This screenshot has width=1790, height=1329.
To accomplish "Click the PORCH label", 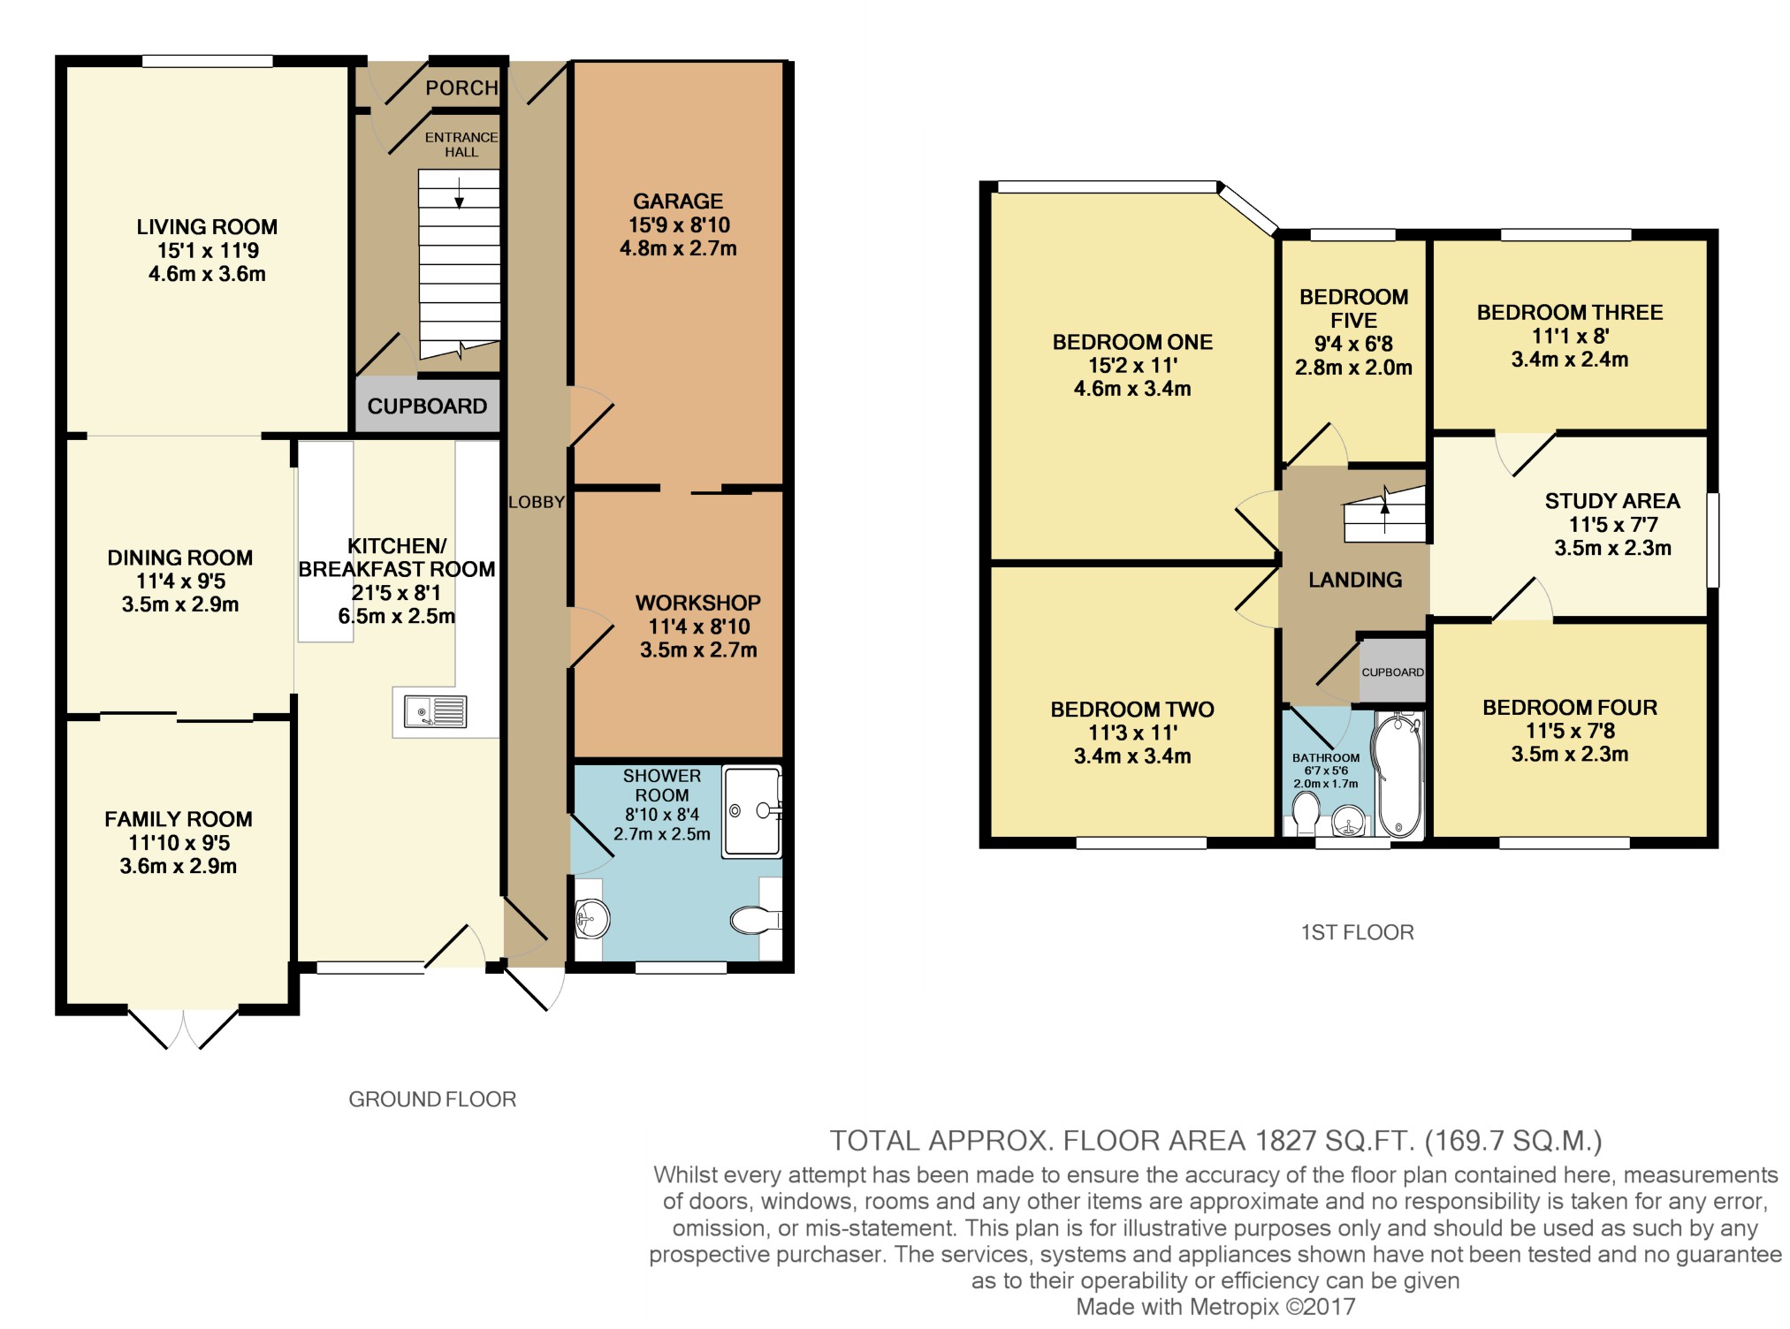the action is pos(461,87).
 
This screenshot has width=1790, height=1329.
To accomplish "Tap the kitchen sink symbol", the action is pos(434,711).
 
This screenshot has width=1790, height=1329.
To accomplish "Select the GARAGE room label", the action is pos(678,201).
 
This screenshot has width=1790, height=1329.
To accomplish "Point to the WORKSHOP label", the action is pos(698,604).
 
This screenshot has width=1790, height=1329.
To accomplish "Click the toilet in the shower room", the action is pos(756,921).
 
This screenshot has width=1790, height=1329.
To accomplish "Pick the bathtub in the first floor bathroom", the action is pos(1397,777).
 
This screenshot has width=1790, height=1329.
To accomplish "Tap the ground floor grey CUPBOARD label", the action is pos(427,406).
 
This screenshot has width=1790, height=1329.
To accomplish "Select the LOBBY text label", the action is pos(536,502).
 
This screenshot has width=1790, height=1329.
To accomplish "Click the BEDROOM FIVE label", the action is pos(1353,308).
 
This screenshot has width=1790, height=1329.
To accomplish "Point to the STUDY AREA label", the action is pos(1612,501).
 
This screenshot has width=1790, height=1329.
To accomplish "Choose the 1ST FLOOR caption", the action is pos(1357,932).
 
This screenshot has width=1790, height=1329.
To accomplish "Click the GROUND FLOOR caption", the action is pos(432,1099).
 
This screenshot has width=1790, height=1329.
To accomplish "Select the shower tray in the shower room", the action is pos(752,811).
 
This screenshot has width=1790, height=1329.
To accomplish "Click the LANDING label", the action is pos(1355,580).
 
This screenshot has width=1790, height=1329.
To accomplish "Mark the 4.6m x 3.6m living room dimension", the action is pos(207,274).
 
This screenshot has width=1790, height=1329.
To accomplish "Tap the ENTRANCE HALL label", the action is pos(461,144).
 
